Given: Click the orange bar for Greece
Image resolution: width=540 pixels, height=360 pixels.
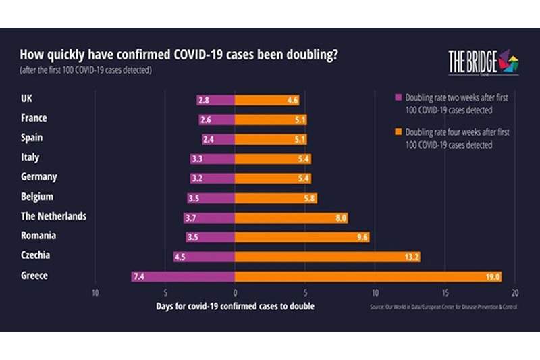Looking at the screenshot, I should pyautogui.click(x=368, y=276).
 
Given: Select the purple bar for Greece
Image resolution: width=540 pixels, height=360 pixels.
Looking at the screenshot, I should pyautogui.click(x=183, y=276).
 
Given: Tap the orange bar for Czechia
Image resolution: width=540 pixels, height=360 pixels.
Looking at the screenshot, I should pyautogui.click(x=327, y=257).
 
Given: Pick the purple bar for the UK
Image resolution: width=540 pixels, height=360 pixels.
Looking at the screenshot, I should pyautogui.click(x=216, y=100).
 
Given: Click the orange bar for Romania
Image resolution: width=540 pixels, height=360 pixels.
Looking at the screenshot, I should pyautogui.click(x=302, y=237).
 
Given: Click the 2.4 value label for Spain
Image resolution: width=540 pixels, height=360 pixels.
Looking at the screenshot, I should pyautogui.click(x=211, y=139).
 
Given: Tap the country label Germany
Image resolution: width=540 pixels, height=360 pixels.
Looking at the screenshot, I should pyautogui.click(x=40, y=177).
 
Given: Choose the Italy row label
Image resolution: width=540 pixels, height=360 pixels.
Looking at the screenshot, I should pyautogui.click(x=31, y=157).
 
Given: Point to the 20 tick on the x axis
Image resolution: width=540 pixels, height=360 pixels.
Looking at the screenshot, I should pyautogui.click(x=515, y=293).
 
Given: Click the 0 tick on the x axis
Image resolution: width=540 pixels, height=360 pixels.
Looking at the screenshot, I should pyautogui.click(x=235, y=293).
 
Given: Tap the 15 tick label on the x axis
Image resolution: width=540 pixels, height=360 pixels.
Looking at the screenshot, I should pyautogui.click(x=445, y=293).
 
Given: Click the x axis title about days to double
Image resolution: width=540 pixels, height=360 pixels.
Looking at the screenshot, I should pyautogui.click(x=236, y=306).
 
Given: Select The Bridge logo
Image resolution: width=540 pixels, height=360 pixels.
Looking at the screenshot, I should pyautogui.click(x=483, y=62).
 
